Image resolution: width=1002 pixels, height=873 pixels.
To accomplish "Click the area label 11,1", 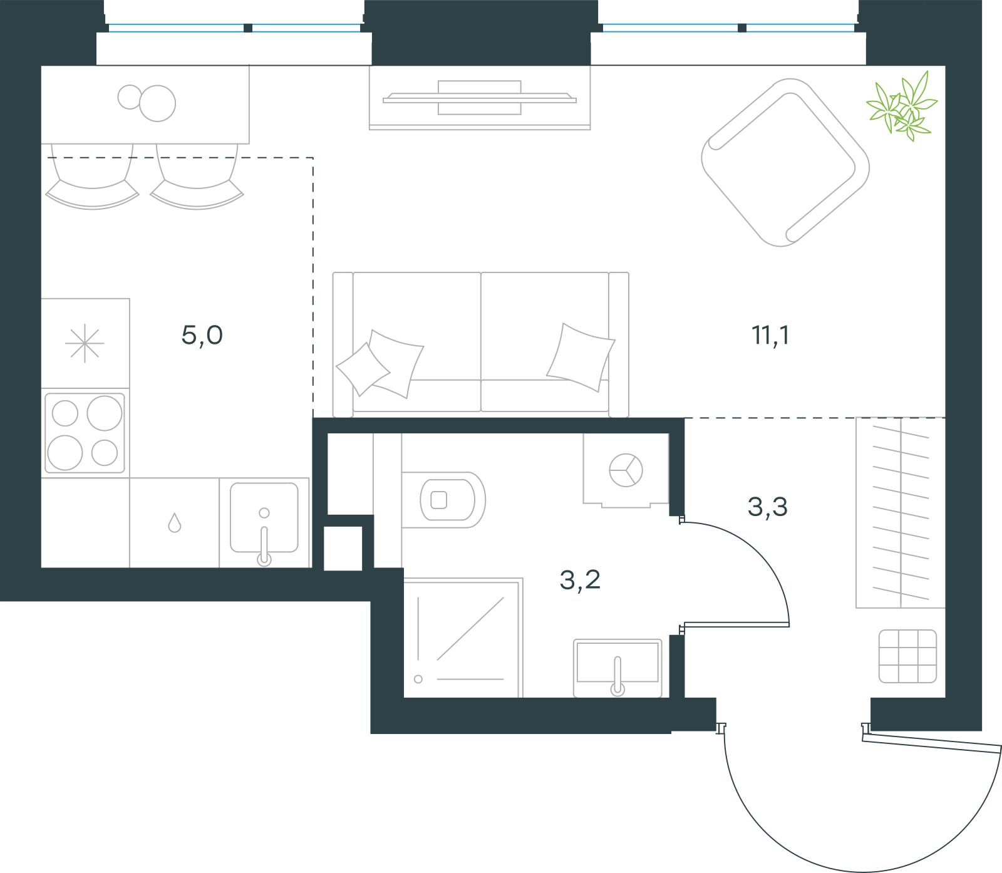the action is [770, 336].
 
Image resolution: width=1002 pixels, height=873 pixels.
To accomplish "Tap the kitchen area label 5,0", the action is [202, 336].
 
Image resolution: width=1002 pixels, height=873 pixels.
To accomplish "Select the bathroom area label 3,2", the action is [580, 580].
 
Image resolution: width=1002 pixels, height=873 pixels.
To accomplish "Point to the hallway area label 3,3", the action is [767, 507].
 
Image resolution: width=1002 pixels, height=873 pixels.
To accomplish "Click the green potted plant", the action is [902, 106].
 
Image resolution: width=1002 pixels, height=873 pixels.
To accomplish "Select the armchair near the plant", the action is [785, 162].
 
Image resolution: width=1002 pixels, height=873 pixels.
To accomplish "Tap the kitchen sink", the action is [264, 519].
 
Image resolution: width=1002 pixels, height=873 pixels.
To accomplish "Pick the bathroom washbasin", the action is [617, 668].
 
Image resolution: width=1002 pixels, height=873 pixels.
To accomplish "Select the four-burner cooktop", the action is [85, 433].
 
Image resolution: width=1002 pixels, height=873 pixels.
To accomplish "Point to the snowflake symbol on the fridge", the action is [85, 343].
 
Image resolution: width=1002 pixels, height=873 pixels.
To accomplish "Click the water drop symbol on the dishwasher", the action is [175, 523].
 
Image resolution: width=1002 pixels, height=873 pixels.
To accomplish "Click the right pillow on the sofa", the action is [581, 357].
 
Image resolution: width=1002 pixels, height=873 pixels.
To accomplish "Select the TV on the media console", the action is [480, 98].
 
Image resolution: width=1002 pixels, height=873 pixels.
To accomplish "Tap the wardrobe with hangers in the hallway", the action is [901, 512].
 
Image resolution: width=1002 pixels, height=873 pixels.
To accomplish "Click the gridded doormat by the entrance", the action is [907, 656].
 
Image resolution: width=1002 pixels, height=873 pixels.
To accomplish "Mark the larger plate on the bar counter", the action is [157, 103].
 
